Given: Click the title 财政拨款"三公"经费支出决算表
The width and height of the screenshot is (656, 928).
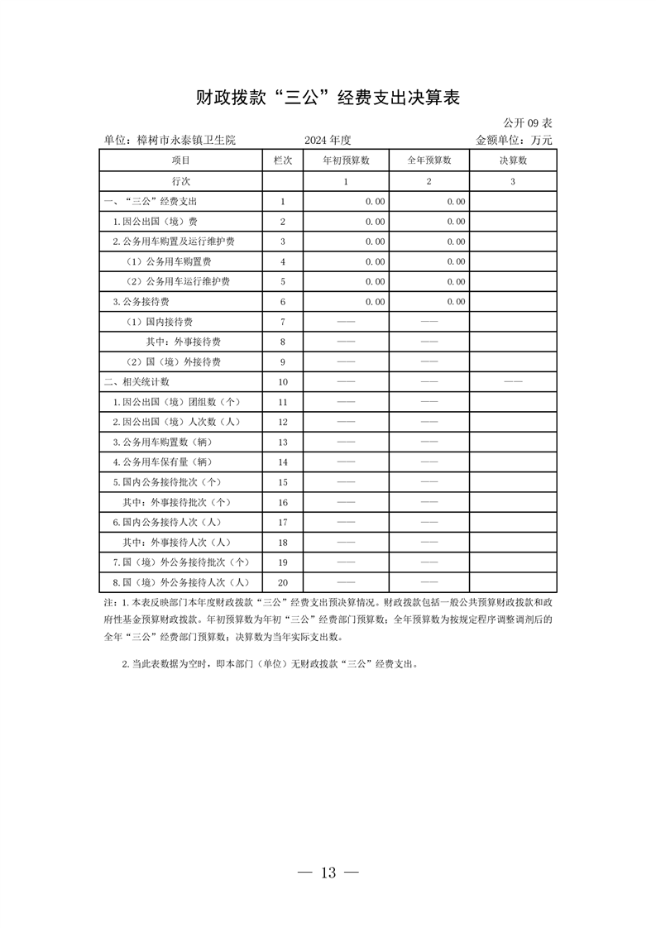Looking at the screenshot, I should (328, 98).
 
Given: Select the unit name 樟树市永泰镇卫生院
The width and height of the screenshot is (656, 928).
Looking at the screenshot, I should (170, 140).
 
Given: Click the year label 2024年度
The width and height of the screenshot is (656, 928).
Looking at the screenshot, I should (328, 140).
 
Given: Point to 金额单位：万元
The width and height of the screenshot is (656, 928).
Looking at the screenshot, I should (514, 140).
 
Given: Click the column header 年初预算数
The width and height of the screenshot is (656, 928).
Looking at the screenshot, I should (346, 160).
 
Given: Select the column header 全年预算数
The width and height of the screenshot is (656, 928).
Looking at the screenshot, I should (429, 160).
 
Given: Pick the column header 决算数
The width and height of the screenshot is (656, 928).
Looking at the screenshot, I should (513, 160).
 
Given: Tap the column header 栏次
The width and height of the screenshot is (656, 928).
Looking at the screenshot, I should (282, 160).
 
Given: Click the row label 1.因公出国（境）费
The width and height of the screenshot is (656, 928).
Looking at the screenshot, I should (156, 222).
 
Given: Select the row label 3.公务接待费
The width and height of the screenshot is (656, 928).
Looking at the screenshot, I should (141, 302).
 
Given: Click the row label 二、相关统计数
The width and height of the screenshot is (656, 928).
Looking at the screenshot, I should (136, 382).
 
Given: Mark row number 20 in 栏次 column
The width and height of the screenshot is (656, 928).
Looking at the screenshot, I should (282, 582).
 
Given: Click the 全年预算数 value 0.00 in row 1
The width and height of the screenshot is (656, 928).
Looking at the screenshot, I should (455, 201).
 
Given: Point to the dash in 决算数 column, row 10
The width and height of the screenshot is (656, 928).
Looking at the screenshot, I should (513, 382).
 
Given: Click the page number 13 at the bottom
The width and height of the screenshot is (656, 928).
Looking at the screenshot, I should (328, 873).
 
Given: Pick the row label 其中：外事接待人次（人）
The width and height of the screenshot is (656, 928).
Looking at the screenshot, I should (176, 543).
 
